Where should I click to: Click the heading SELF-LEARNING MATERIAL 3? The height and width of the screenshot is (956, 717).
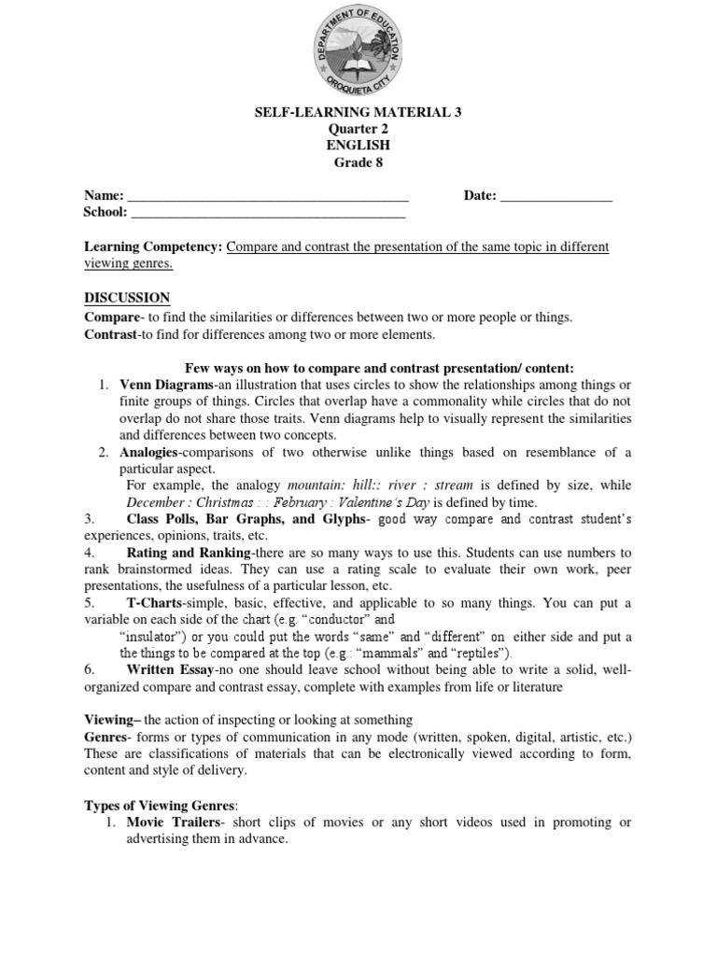pos(358,113)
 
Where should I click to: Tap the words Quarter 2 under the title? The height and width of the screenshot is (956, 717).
pos(358,130)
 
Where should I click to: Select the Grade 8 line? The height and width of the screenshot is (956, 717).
pos(358,163)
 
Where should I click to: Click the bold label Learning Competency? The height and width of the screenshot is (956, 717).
pos(154,247)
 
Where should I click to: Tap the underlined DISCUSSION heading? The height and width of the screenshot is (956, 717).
pos(127,298)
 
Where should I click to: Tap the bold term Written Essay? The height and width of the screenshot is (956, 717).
pos(169,669)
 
